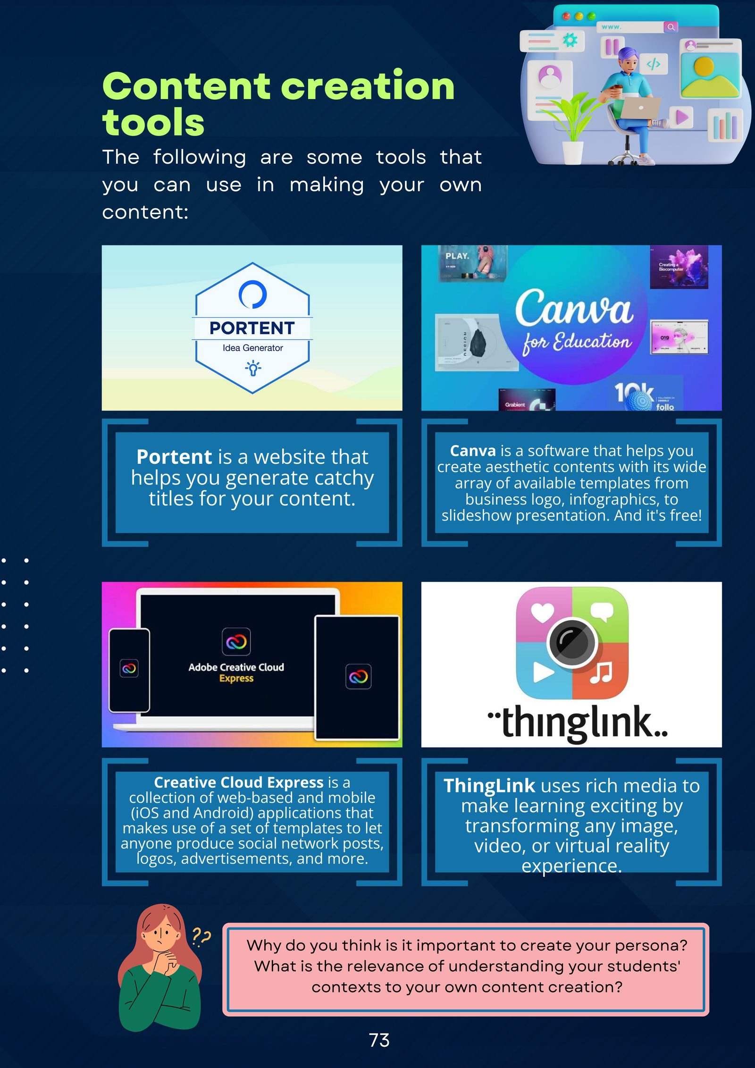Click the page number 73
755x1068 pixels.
point(379,1040)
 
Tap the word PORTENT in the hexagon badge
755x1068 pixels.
point(252,328)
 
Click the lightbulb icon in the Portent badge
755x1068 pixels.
point(253,368)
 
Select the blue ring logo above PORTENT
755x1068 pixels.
point(252,294)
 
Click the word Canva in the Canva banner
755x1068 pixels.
point(574,308)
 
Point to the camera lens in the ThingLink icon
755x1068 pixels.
point(572,642)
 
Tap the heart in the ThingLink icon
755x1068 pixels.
point(543,613)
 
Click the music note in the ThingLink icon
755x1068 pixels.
point(602,672)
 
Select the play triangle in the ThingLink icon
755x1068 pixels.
point(543,672)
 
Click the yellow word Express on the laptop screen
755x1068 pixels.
point(236,678)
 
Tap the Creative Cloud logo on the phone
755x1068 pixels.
point(129,668)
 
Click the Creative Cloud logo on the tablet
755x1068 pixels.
point(358,677)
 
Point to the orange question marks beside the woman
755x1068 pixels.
point(201,936)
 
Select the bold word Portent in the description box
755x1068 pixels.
point(174,457)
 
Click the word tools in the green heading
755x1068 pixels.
point(153,122)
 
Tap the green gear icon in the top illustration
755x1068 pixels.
point(570,40)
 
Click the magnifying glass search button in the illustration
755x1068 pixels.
point(671,27)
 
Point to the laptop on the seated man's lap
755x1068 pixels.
point(640,108)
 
